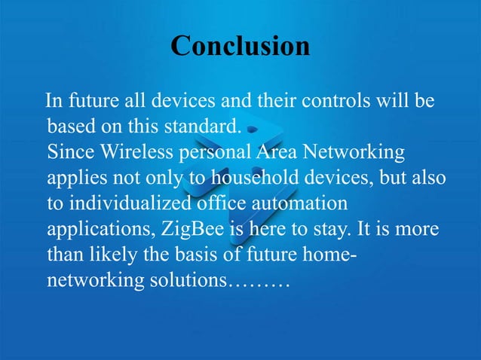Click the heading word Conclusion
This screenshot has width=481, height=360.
point(240,46)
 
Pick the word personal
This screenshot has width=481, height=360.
point(214,153)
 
